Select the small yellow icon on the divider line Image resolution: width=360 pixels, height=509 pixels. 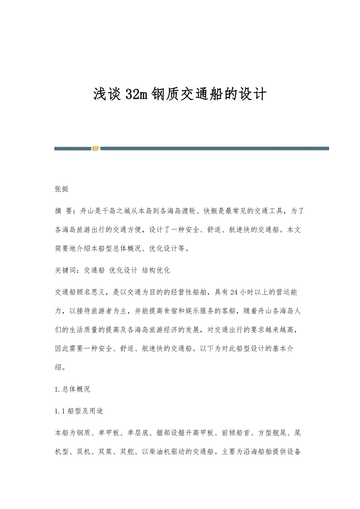[x=95, y=149]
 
